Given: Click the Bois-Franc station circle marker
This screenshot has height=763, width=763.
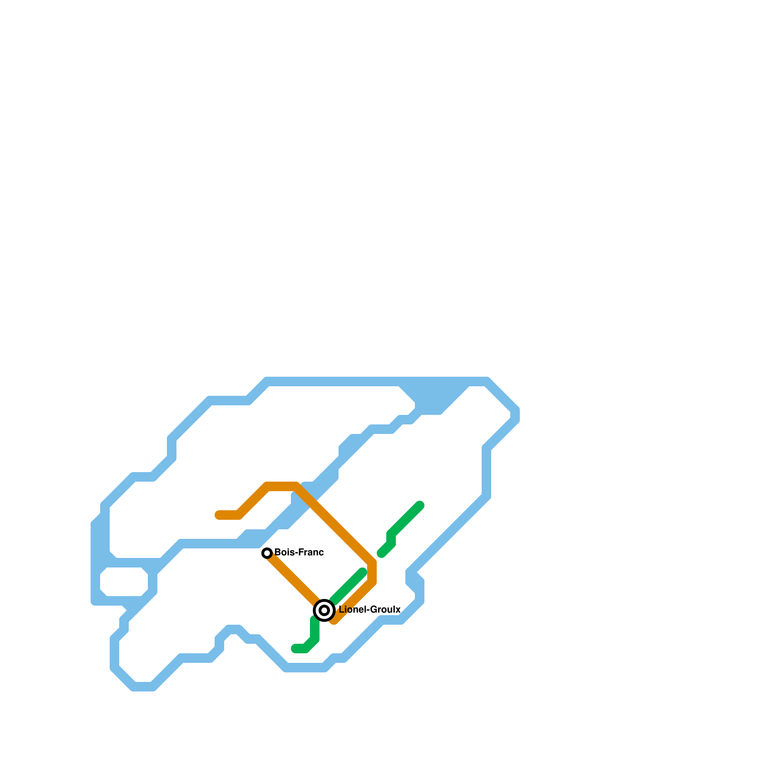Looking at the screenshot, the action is pos(267,553).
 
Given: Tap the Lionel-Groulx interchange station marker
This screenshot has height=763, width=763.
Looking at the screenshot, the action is pos(324,610).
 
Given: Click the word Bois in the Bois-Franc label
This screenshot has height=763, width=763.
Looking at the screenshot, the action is pos(284,553).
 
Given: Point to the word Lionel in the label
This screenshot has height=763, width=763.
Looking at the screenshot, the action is pos(352,610).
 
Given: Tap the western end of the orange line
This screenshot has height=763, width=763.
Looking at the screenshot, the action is pos(219,515).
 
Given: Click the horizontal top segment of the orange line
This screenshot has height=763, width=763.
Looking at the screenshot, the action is pos(281,486).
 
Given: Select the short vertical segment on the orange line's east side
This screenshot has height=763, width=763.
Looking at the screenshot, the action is pos(372,572).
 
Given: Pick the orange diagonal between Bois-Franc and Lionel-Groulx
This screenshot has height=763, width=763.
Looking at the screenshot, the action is pos(293,579).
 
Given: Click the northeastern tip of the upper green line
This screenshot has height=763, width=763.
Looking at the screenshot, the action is pos(420,505).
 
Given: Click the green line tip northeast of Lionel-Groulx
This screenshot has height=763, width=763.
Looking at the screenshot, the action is pos(362,572).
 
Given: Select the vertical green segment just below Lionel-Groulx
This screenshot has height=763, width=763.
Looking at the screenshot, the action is pos(315,629).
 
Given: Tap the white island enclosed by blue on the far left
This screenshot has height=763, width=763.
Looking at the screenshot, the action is pos(124,582).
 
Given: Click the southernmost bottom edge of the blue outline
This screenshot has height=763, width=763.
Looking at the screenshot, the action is pos(143,687).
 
